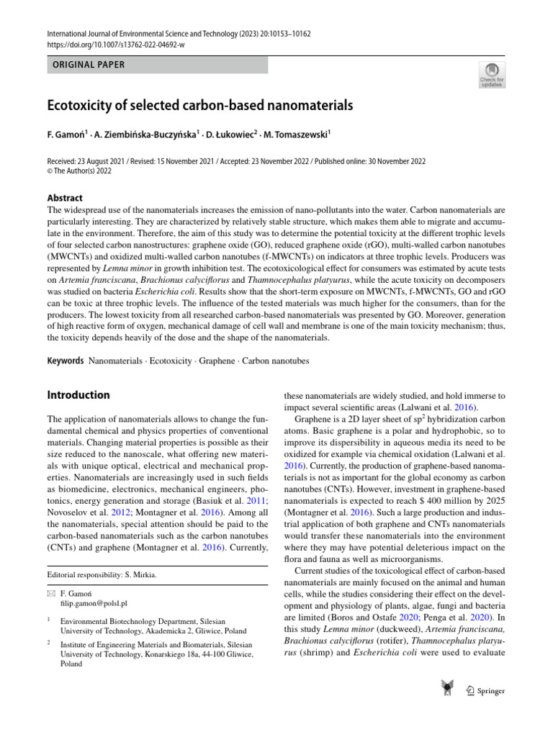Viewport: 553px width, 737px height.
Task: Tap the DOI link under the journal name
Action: (116, 45)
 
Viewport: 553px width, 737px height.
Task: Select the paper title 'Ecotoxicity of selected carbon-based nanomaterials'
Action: (200, 106)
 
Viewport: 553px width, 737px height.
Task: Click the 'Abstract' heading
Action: (65, 198)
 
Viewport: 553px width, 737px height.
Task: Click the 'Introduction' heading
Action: (78, 395)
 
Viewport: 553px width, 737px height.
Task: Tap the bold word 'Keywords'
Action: (66, 361)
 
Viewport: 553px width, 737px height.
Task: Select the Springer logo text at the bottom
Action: (490, 692)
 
